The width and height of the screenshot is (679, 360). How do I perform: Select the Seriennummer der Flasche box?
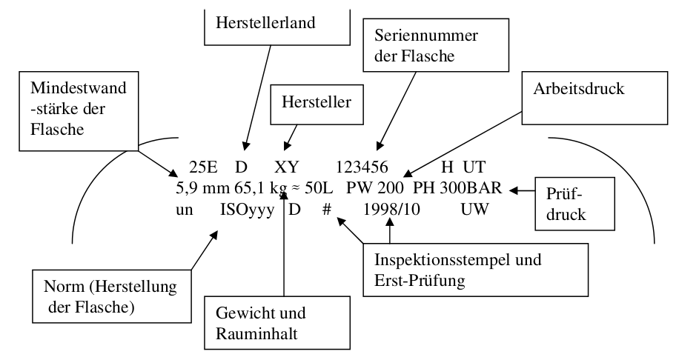click(x=427, y=46)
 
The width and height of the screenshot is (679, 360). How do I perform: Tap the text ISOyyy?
click(x=247, y=210)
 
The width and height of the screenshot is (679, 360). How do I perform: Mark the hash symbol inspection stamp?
click(x=325, y=210)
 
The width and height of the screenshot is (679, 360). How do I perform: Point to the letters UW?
click(x=471, y=210)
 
